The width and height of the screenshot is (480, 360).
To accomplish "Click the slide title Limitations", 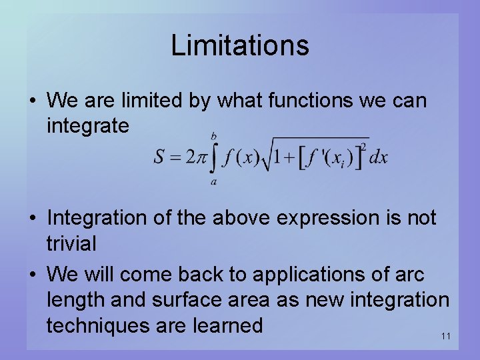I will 240,45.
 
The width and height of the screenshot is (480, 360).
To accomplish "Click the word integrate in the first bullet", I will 88,126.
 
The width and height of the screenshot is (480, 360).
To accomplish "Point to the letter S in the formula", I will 161,158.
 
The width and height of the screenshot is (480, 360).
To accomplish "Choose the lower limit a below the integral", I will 213,181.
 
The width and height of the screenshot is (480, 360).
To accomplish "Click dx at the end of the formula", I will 378,158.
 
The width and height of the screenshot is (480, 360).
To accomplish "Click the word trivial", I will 71,243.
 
